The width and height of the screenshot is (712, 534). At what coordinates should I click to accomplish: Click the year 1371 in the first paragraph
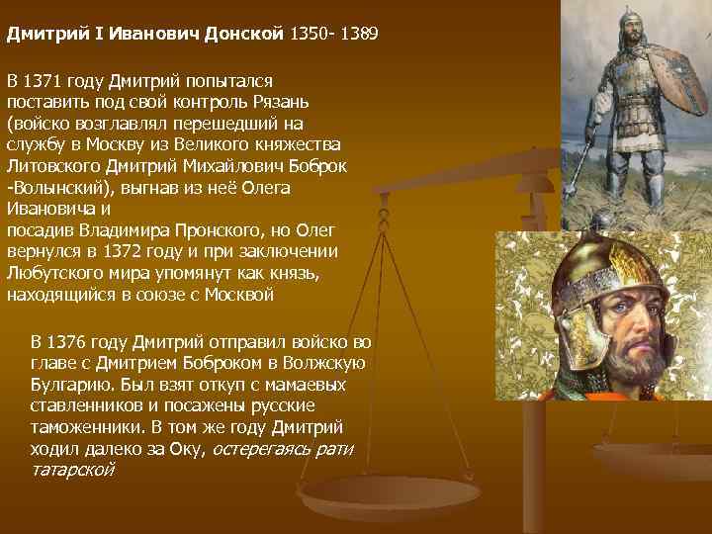click(x=48, y=80)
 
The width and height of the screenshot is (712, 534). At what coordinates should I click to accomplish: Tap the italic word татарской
click(x=72, y=471)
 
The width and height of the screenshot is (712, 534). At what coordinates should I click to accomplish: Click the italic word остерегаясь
click(x=261, y=450)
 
